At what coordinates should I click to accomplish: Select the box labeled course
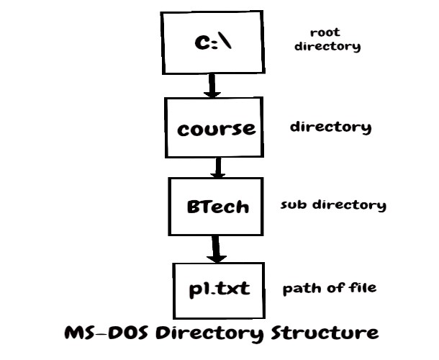click(x=217, y=128)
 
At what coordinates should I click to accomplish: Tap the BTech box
click(x=217, y=206)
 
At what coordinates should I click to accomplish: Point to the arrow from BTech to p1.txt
click(x=214, y=248)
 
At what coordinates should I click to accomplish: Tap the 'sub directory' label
click(x=333, y=205)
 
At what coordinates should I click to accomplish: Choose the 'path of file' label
click(x=330, y=289)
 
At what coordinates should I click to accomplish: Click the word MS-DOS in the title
click(x=104, y=334)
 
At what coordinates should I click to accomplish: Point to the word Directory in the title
click(x=216, y=334)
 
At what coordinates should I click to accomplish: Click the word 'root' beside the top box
click(x=325, y=32)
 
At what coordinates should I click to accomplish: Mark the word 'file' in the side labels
click(x=363, y=289)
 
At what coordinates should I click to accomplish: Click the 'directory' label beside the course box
click(x=330, y=127)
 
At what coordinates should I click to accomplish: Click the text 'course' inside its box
click(x=217, y=130)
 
